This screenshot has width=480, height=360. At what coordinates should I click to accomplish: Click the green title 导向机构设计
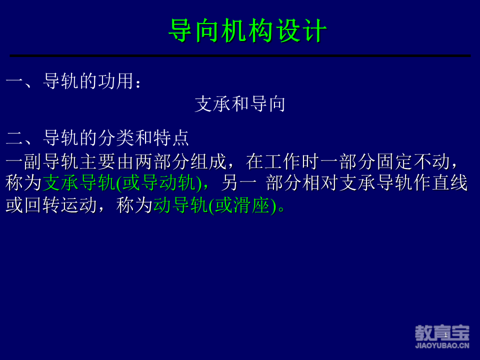point(247,30)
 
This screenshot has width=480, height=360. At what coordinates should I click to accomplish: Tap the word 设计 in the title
point(301,30)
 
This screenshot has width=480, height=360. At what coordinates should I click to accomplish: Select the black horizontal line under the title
point(240,55)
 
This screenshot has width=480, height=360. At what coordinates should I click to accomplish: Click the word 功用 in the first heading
point(116,81)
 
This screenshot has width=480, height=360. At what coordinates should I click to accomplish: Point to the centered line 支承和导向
point(240,104)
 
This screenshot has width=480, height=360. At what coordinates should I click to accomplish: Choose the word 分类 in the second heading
point(116,138)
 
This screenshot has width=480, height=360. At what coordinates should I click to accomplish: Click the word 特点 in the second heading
point(171,138)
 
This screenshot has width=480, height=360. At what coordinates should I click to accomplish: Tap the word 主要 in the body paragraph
point(97,161)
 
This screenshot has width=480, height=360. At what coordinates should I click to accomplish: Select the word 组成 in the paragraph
point(208,161)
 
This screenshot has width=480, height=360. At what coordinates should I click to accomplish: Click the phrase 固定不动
point(413,161)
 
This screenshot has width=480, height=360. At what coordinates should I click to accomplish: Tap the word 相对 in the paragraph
point(320,183)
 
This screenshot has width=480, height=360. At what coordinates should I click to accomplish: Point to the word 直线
point(449,183)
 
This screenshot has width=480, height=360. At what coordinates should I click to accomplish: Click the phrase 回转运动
point(60,205)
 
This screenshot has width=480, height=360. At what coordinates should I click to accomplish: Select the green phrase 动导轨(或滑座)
point(214,205)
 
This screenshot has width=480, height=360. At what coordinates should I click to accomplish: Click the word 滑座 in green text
point(251,205)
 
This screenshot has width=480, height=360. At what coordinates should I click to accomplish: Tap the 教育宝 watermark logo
point(442,333)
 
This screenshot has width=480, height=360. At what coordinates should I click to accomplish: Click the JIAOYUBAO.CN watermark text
point(442,345)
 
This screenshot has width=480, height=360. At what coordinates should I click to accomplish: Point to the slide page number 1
point(445,335)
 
